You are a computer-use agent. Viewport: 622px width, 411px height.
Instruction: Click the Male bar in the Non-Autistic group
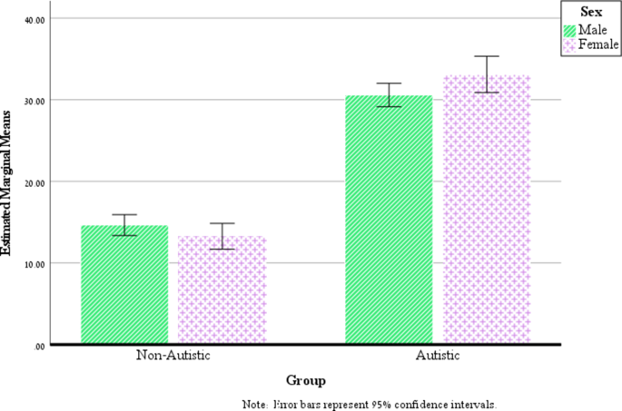pos(124,285)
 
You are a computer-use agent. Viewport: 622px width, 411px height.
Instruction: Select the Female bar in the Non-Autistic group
pos(222,290)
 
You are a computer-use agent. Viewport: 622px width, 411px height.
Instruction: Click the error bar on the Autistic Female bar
pos(487,74)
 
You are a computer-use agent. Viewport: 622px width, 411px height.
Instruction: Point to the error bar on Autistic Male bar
pos(389,95)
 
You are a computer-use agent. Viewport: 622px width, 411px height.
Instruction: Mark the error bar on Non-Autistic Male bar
pos(124,225)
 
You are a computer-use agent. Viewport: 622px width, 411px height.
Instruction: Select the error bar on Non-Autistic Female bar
pos(222,236)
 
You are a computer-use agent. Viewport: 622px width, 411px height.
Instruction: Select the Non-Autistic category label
pos(173,355)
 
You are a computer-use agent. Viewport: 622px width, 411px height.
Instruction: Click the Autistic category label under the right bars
pos(438,355)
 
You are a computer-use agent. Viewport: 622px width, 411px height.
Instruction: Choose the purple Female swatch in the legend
pos(569,44)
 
